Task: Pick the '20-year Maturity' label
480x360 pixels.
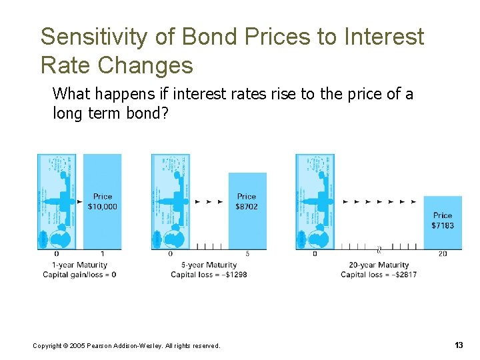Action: click(378, 265)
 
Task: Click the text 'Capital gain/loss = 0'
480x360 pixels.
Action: click(79, 275)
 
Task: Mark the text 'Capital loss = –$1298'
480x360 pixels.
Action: click(209, 275)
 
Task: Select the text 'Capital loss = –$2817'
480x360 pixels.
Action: click(379, 275)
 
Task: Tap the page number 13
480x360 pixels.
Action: click(458, 345)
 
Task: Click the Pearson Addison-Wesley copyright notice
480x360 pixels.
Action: click(126, 345)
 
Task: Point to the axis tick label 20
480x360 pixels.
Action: click(443, 254)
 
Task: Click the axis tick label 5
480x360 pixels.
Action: click(247, 254)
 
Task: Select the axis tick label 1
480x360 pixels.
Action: click(102, 254)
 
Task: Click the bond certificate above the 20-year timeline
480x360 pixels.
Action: click(315, 201)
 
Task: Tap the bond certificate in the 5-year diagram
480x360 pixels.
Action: click(171, 201)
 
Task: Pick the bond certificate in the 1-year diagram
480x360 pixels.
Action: click(57, 201)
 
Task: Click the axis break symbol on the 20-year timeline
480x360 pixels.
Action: click(379, 250)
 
